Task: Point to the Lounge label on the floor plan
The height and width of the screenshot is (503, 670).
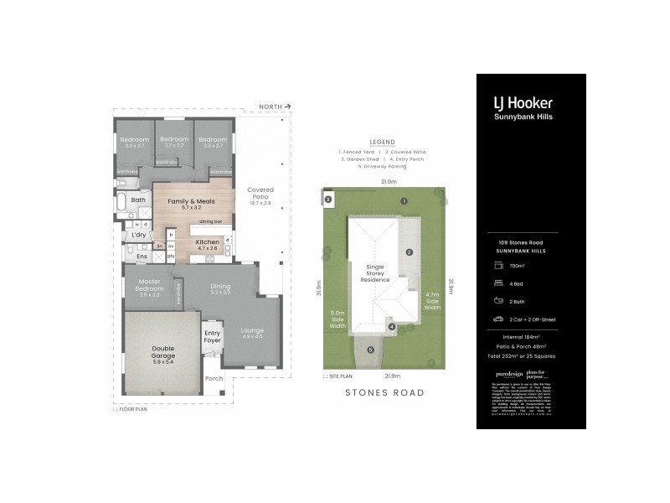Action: (x=252, y=333)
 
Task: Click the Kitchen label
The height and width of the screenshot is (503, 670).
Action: (x=207, y=242)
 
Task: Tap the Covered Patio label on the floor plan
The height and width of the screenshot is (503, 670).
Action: (x=260, y=195)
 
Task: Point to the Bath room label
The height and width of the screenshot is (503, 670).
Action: (x=138, y=200)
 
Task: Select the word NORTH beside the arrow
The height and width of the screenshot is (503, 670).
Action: (x=271, y=107)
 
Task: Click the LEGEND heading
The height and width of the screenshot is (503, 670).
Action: (x=381, y=142)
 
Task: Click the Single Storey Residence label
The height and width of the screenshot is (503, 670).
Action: (x=376, y=273)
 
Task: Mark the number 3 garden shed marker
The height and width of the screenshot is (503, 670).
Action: (x=328, y=199)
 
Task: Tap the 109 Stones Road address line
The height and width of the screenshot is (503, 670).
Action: (x=522, y=242)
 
